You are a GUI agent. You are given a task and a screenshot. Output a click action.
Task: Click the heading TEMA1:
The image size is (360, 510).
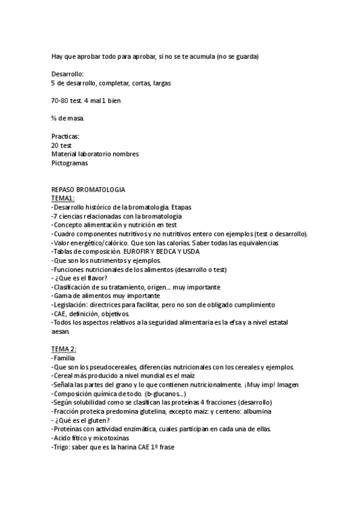[x=63, y=197]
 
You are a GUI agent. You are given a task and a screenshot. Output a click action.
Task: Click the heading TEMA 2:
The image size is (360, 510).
[x=64, y=349]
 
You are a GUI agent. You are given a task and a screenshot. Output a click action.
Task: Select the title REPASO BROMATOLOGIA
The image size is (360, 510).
[x=88, y=189]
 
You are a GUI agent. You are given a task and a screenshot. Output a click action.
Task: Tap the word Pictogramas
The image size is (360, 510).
[x=70, y=162]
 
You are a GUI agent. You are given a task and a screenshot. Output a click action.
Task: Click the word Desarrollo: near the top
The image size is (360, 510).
[x=67, y=74]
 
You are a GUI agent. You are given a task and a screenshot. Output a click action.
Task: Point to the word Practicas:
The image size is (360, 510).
[x=66, y=137]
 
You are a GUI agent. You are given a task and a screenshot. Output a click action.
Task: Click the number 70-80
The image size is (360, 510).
[x=61, y=100]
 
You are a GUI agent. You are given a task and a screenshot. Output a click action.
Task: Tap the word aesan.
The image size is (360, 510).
[x=61, y=331]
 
